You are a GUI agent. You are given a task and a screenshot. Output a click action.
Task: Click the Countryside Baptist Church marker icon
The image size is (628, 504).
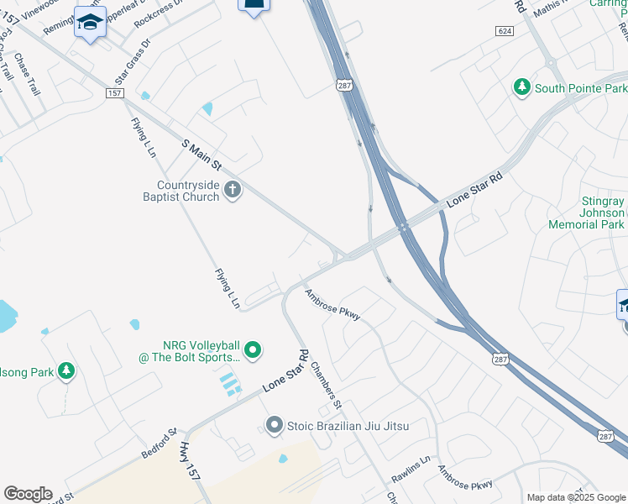point(233,192)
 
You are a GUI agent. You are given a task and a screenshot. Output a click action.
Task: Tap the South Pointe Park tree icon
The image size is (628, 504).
point(522,87)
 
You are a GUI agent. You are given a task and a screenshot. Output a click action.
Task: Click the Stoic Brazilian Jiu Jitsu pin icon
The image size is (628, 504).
point(273,426)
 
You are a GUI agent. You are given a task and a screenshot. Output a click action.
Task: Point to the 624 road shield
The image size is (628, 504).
point(505,30)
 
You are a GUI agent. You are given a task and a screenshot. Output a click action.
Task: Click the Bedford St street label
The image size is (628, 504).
point(159,444)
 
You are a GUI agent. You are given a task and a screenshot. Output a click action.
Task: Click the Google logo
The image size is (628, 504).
point(28,494)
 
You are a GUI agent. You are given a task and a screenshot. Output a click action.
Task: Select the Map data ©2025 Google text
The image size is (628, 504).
point(575,497)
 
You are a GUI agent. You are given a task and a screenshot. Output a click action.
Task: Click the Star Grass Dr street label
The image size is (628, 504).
point(133,60)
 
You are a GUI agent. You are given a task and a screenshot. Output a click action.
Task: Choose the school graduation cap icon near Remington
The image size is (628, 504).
point(90,23)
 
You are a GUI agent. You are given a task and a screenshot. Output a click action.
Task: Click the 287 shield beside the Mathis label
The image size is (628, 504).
point(345,86)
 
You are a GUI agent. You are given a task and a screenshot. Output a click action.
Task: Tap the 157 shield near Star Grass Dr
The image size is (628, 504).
point(115,92)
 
